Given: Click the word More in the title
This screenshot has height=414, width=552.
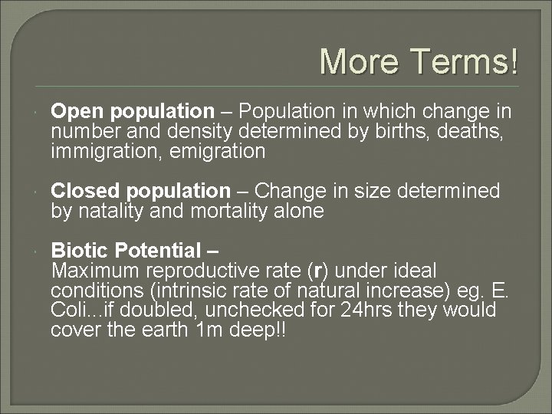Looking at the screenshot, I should click(x=357, y=61).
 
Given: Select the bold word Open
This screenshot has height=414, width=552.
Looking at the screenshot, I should click(x=74, y=112).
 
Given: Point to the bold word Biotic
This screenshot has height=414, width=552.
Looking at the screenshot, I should click(x=77, y=250).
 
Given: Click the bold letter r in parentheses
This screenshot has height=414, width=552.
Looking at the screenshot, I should click(x=317, y=271).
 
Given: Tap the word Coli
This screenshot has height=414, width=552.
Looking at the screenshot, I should click(x=71, y=310).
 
